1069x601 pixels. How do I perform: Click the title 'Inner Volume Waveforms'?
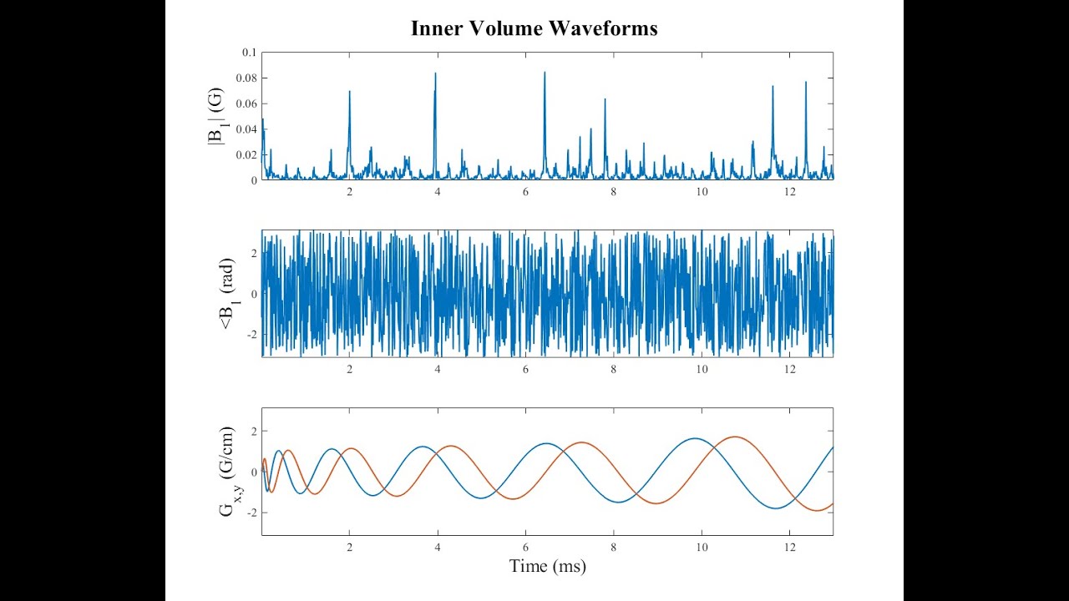[534, 28]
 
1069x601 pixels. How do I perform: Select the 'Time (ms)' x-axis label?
[547, 566]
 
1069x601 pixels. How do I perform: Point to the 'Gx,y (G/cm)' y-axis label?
[228, 472]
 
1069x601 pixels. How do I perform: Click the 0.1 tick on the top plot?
[250, 53]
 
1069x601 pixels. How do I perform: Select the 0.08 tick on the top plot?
[247, 78]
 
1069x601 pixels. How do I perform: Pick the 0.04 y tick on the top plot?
[247, 129]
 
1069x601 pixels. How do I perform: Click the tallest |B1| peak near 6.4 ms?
[545, 73]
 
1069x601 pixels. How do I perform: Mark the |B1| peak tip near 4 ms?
[435, 73]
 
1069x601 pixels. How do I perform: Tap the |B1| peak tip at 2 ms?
[349, 92]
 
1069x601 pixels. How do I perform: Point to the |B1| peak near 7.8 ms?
[605, 99]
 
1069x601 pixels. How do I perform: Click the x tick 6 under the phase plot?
[525, 369]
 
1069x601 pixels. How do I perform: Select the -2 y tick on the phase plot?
[252, 335]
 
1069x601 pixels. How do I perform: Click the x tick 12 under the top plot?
[789, 191]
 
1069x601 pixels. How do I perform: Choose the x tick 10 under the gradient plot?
[702, 547]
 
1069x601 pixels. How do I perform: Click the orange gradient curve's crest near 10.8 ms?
[735, 437]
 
